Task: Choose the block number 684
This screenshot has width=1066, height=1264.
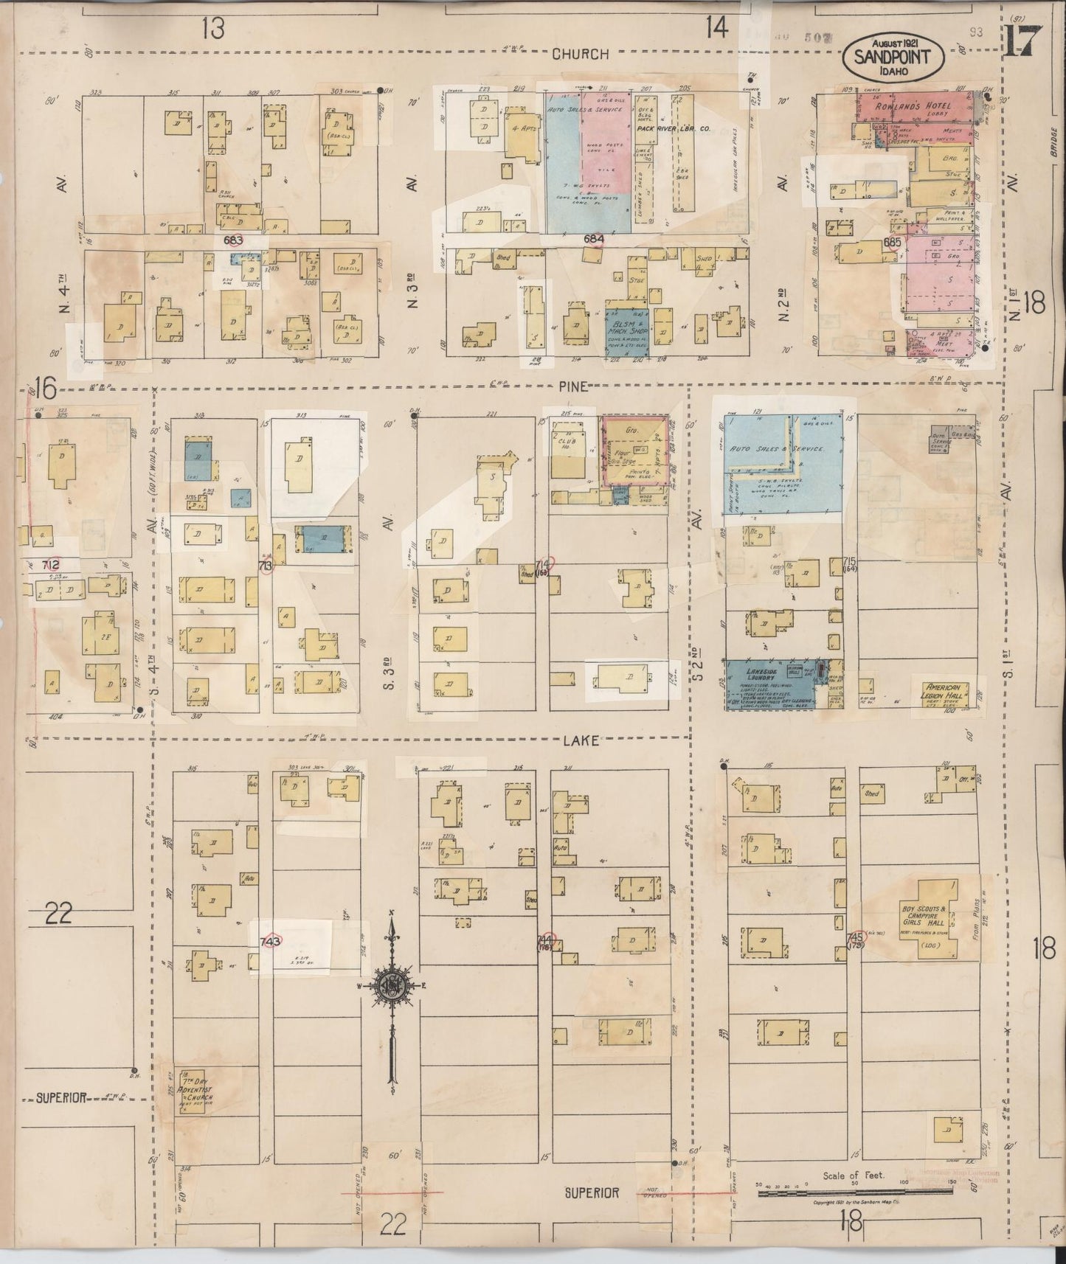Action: tap(593, 239)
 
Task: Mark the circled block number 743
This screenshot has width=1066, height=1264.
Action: tap(271, 942)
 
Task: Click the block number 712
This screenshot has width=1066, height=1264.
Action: tap(51, 565)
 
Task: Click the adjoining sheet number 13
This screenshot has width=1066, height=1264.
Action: tap(212, 29)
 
